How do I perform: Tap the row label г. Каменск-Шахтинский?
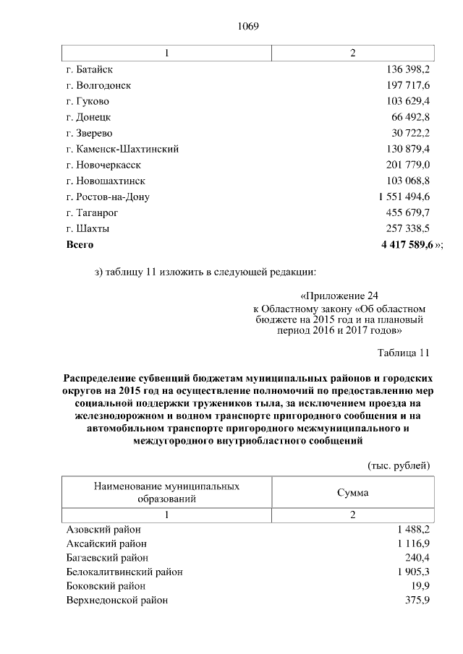pos(122,149)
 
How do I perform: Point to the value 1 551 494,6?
pos(404,197)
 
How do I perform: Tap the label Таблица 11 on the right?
pos(404,353)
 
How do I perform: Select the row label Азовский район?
pos(103,530)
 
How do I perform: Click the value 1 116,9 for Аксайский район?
pos(413,543)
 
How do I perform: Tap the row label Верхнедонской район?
pos(116,600)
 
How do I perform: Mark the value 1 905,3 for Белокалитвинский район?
pos(413,572)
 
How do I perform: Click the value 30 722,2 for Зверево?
pos(408,133)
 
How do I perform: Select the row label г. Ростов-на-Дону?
pos(108,197)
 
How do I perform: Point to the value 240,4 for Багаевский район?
pos(417,557)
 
